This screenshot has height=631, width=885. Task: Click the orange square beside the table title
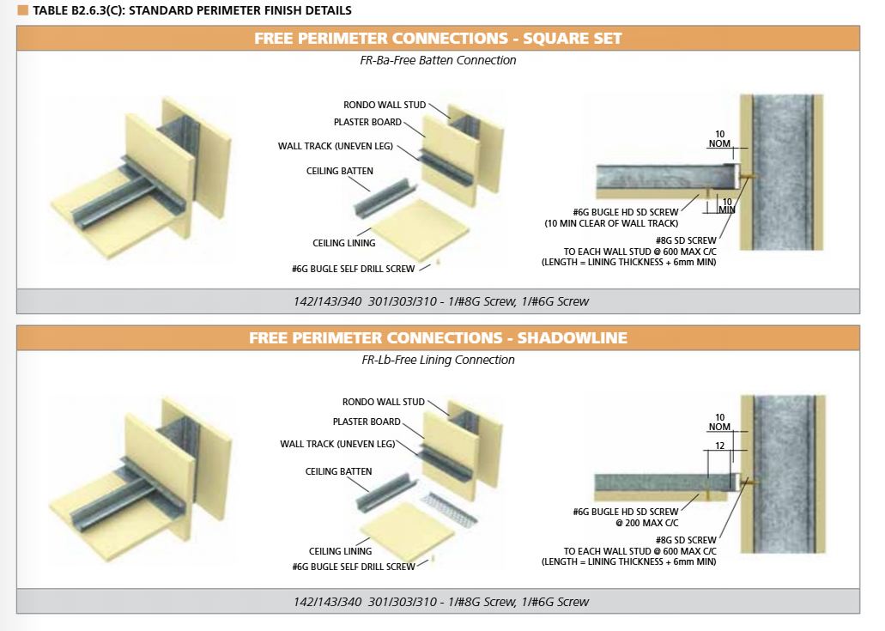click(x=22, y=10)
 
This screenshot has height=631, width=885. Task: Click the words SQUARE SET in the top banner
click(x=572, y=39)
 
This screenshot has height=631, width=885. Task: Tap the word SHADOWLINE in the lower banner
click(x=573, y=337)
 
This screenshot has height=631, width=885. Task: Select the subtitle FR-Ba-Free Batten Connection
click(x=438, y=60)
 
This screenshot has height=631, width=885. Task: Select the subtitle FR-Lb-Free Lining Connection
click(x=438, y=360)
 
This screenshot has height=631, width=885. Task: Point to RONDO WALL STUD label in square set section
click(x=385, y=105)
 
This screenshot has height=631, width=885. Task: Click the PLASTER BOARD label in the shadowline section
click(x=367, y=422)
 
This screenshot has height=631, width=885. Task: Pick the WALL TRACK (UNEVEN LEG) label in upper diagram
click(x=336, y=146)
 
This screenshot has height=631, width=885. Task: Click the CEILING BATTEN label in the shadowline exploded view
click(x=339, y=471)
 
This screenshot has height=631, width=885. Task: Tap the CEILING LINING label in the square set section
click(x=343, y=243)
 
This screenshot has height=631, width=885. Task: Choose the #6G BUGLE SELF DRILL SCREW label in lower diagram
click(x=354, y=567)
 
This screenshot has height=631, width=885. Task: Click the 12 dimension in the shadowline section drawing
click(x=719, y=446)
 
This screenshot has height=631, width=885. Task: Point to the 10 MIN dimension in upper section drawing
click(x=727, y=206)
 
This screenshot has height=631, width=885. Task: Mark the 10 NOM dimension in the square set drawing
click(x=719, y=139)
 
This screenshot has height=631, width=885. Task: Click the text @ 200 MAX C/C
click(x=647, y=523)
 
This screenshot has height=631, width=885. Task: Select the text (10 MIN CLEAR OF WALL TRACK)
click(x=611, y=223)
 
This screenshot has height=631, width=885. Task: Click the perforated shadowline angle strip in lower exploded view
click(x=449, y=509)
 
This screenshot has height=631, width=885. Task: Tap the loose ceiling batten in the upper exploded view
click(x=385, y=197)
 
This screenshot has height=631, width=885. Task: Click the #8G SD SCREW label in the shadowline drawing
click(x=686, y=540)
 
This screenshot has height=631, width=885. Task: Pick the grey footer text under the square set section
click(x=441, y=301)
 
